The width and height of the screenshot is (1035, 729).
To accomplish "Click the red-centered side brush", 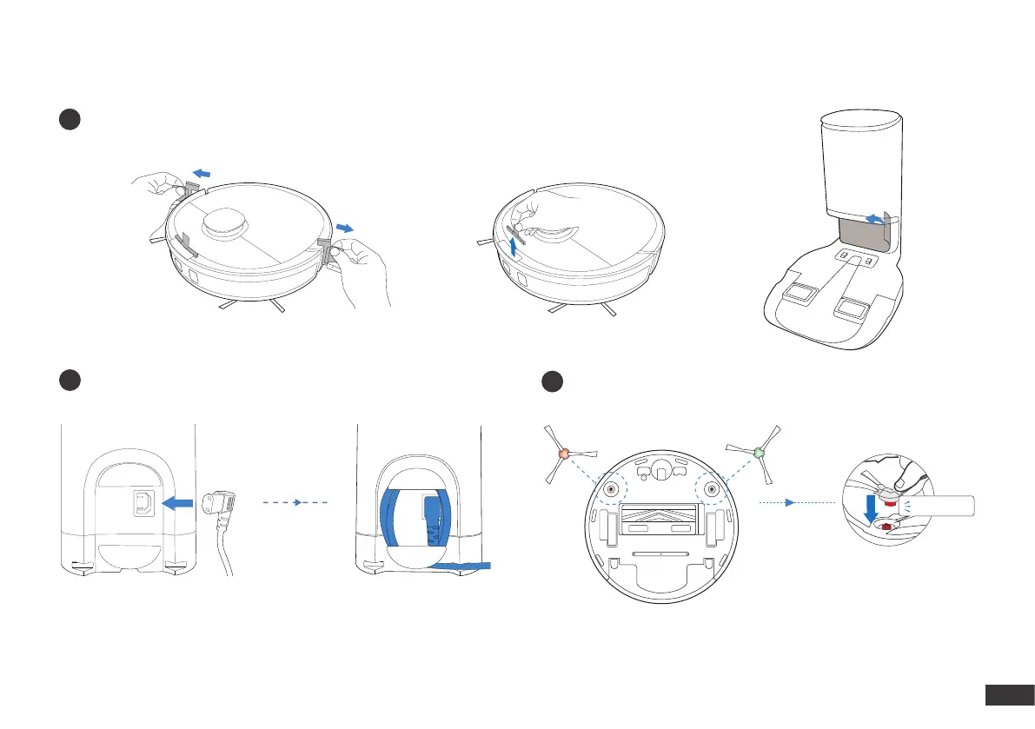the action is pyautogui.click(x=562, y=454).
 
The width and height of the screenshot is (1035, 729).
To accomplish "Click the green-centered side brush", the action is pyautogui.click(x=759, y=453).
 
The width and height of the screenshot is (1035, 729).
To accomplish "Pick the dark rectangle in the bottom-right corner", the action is pyautogui.click(x=1007, y=696).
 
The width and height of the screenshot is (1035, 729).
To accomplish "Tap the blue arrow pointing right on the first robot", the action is pyautogui.click(x=345, y=228).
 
